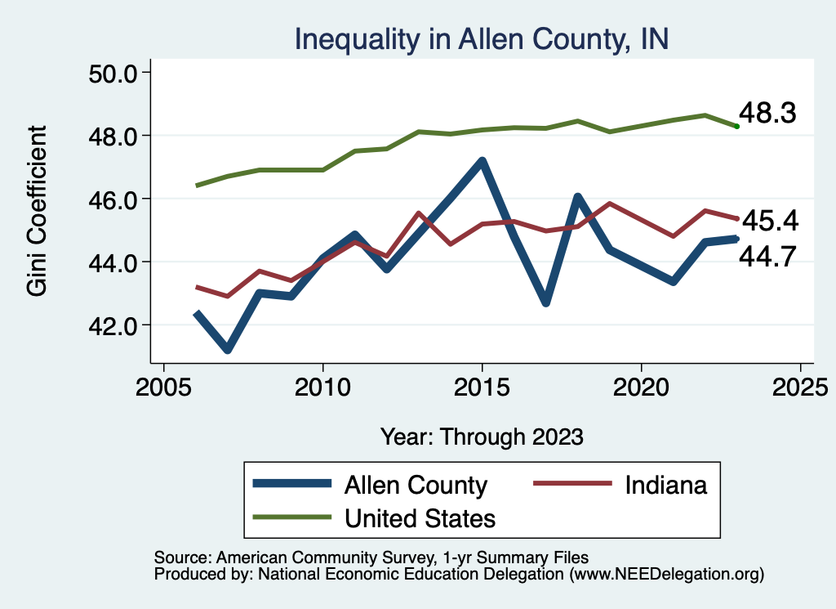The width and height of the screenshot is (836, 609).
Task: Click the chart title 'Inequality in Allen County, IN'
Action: click(x=482, y=39)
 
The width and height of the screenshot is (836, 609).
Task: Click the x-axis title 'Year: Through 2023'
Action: click(x=482, y=437)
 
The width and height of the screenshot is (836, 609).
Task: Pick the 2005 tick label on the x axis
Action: click(x=164, y=385)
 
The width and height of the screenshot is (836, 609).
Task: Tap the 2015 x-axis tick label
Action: click(x=482, y=385)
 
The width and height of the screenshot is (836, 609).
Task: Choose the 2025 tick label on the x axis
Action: click(x=801, y=385)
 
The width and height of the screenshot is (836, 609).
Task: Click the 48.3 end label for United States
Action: click(x=767, y=114)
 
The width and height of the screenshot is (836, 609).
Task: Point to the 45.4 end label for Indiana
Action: click(x=767, y=222)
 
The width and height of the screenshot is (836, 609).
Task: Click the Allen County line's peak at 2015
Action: click(x=482, y=162)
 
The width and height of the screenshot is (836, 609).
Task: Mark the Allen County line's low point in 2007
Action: click(x=228, y=350)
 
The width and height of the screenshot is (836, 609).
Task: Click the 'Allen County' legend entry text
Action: click(x=416, y=485)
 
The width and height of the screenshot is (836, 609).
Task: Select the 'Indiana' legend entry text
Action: click(x=666, y=485)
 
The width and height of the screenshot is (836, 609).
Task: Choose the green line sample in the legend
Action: click(x=292, y=517)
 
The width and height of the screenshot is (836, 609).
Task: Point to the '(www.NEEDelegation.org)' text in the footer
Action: click(x=667, y=574)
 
